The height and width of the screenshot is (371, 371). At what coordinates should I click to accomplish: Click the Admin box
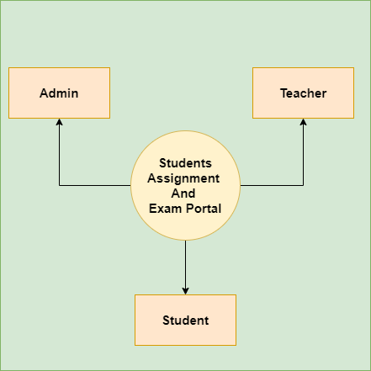tap(59, 93)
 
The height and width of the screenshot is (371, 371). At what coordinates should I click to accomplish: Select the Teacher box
tap(303, 93)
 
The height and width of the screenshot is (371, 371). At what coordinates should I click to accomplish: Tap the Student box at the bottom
tap(185, 320)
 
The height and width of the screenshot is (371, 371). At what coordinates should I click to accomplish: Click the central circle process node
tap(185, 185)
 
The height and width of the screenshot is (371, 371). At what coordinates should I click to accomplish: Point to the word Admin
tap(59, 93)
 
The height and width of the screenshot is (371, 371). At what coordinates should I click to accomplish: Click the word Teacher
tap(304, 93)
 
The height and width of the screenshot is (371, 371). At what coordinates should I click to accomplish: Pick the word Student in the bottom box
tap(186, 321)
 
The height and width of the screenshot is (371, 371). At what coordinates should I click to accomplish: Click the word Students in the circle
tap(185, 163)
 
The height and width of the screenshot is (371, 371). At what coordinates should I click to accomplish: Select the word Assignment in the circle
tap(183, 179)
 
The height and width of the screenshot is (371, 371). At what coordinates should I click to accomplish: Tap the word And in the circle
tap(183, 193)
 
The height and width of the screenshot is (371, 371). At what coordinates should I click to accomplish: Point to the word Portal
tap(204, 209)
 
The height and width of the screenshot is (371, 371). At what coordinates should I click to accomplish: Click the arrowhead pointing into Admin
tap(59, 122)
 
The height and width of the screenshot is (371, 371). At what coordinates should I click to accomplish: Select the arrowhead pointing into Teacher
tap(303, 122)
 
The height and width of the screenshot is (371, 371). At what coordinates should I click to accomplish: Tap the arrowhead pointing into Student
tap(185, 291)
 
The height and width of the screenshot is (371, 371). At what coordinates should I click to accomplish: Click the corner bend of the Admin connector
tap(59, 185)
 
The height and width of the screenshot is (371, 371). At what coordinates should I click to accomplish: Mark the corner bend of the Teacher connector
tap(303, 185)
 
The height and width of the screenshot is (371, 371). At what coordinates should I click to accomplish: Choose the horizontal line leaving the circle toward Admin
tap(95, 185)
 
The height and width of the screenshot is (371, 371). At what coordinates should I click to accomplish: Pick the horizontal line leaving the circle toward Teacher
tap(272, 185)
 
